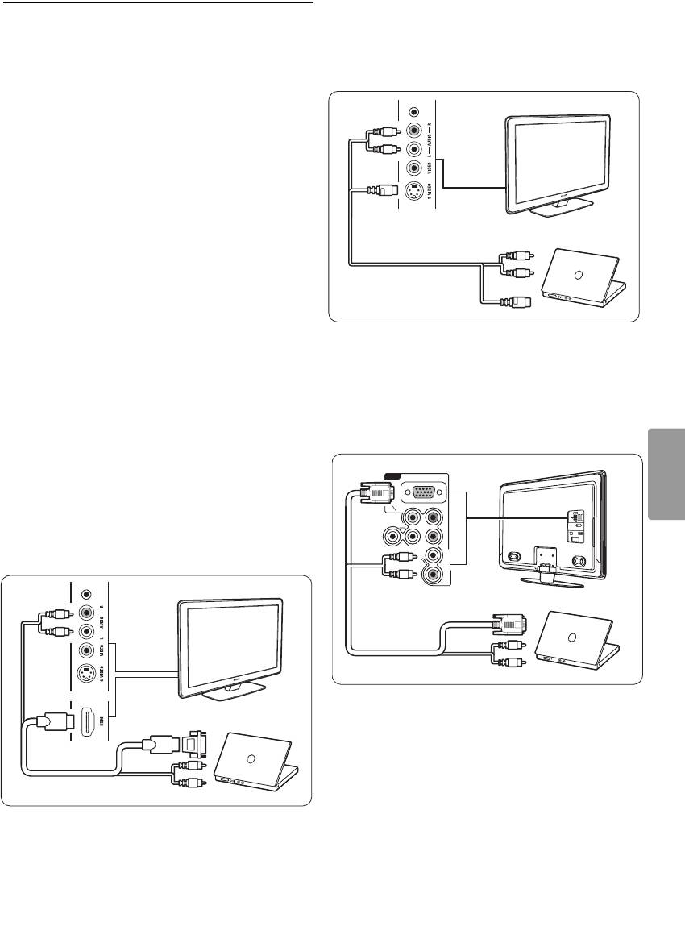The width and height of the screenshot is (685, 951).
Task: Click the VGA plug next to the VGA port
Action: tap(377, 494)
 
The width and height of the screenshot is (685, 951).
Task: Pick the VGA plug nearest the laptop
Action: tap(509, 622)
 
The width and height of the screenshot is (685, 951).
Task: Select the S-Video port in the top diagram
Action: tap(414, 193)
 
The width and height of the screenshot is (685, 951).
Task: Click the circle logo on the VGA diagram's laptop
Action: tap(571, 637)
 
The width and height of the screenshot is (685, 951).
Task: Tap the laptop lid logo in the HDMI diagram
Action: tap(250, 758)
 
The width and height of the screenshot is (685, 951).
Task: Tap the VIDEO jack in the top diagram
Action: tap(414, 168)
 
